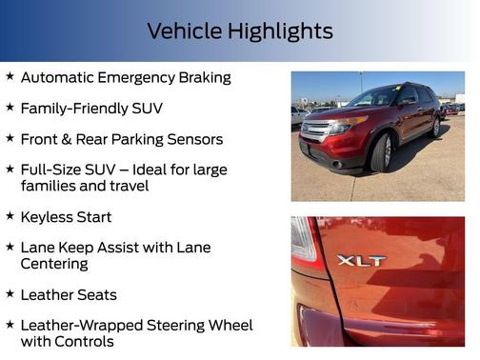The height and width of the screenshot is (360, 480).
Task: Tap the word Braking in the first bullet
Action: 202,78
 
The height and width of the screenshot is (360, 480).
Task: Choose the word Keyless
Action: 49,217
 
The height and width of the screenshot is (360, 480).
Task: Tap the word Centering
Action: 54,263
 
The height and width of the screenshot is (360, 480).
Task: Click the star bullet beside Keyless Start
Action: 10,216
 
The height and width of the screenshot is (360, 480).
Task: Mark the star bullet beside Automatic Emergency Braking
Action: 10,77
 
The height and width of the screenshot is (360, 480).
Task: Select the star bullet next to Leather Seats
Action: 10,293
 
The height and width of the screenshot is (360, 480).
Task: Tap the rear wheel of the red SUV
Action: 436,128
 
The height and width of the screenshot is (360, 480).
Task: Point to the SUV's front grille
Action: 314,129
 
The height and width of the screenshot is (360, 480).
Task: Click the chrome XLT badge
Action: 362,259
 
